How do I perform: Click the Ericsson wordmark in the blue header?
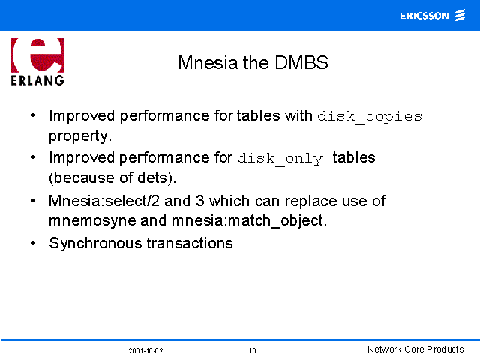[424, 16]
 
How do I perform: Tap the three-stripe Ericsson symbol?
[460, 15]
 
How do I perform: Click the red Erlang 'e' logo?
[37, 55]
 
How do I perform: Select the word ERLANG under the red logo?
[37, 80]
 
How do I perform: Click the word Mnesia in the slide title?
[208, 63]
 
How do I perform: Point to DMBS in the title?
[301, 63]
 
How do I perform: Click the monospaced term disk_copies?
[370, 117]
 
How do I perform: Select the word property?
[80, 136]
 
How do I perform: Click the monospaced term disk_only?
[280, 159]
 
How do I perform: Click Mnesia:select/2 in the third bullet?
[104, 201]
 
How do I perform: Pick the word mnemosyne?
[92, 221]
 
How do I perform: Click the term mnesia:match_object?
[249, 220]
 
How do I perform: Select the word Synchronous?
[95, 243]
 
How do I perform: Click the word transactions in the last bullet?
[190, 243]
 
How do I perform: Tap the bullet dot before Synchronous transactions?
[33, 243]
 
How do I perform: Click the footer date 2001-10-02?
[145, 350]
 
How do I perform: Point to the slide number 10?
[253, 350]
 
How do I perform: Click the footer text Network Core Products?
[415, 349]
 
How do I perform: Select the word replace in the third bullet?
[310, 202]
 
